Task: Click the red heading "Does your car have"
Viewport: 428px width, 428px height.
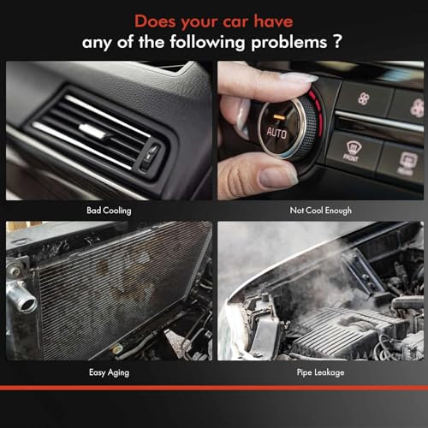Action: [x=214, y=21]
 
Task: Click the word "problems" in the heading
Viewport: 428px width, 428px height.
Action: [x=288, y=43]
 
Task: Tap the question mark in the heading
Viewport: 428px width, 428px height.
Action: [x=337, y=41]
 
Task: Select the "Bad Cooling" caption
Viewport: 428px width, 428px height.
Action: [x=109, y=211]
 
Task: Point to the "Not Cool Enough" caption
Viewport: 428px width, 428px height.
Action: [x=321, y=211]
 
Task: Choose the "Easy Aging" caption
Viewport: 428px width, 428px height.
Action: [x=109, y=372]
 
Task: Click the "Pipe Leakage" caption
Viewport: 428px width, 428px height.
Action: [x=320, y=372]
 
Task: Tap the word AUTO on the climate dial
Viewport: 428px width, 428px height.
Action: [x=276, y=134]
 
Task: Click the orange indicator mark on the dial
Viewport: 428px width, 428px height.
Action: [x=279, y=116]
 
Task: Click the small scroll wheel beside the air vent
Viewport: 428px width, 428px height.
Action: [x=150, y=157]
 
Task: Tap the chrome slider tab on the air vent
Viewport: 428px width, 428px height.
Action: [x=92, y=131]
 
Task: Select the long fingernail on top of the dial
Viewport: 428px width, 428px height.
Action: [x=298, y=77]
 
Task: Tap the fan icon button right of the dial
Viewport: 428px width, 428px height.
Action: [x=364, y=99]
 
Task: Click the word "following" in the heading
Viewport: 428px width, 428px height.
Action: [x=207, y=43]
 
